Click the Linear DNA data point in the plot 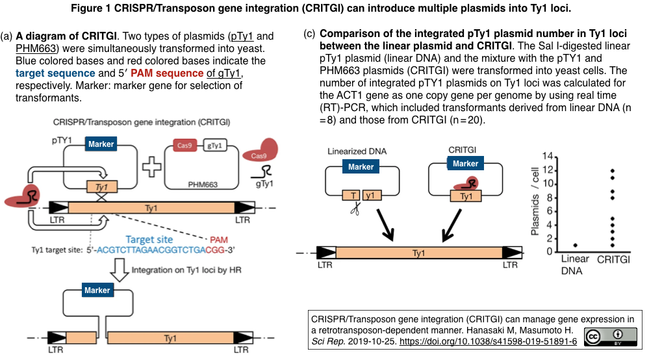pyautogui.click(x=575, y=245)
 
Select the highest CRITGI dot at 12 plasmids pyautogui.click(x=612, y=171)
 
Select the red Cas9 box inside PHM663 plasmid pyautogui.click(x=184, y=146)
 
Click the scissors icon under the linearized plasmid pyautogui.click(x=355, y=209)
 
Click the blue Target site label pyautogui.click(x=150, y=238)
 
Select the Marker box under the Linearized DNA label pyautogui.click(x=361, y=167)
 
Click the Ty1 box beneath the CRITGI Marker pyautogui.click(x=466, y=195)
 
